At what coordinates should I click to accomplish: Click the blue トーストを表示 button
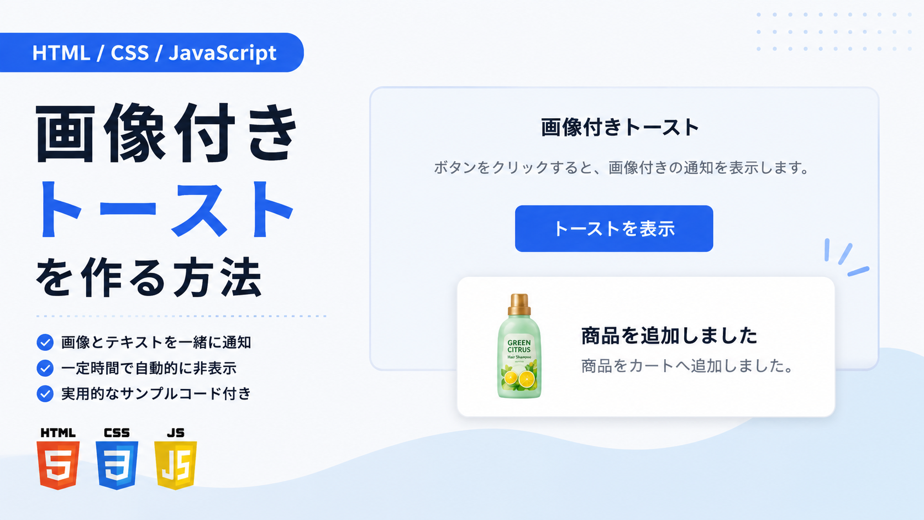tap(614, 228)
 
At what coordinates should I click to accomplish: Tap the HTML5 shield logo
tap(58, 465)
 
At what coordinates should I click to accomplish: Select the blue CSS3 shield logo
tap(117, 465)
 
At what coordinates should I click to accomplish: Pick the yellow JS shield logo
tap(176, 465)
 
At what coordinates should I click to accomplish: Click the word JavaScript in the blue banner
tap(222, 53)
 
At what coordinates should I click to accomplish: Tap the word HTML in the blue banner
tap(61, 53)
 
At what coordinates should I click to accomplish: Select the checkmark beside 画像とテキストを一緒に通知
tap(45, 342)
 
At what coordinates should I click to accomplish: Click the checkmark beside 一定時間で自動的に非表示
tap(45, 368)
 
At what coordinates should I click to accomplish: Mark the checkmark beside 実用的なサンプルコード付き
tap(45, 394)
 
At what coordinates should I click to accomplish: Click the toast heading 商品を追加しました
tap(669, 335)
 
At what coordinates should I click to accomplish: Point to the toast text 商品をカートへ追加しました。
tap(687, 366)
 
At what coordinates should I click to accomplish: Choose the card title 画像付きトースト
tap(620, 127)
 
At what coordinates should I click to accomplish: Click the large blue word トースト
tap(165, 210)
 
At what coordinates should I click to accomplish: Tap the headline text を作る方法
tap(149, 277)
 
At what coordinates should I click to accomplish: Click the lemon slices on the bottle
tap(519, 379)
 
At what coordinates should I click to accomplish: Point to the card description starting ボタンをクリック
tap(621, 168)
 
